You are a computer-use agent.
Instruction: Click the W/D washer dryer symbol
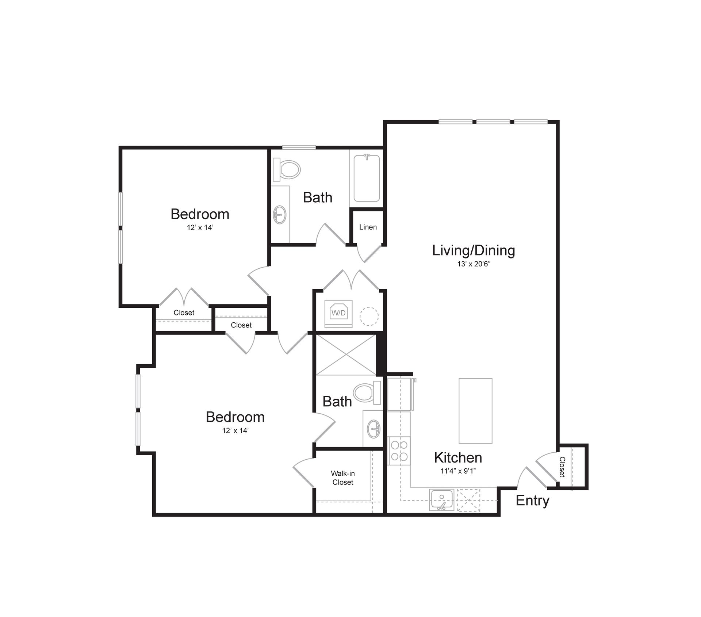[338, 313]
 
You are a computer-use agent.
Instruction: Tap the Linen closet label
[368, 227]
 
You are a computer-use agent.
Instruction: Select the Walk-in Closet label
[342, 478]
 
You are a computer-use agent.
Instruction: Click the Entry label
[532, 500]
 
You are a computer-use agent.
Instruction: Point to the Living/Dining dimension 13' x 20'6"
[474, 264]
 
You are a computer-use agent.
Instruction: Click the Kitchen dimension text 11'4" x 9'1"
[458, 471]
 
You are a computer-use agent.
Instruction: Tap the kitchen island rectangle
[475, 411]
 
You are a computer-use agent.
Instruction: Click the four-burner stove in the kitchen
[399, 451]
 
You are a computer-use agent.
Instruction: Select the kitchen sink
[442, 500]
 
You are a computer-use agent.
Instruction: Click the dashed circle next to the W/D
[369, 316]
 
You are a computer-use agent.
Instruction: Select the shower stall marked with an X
[345, 355]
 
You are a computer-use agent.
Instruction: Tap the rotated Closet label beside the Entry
[562, 467]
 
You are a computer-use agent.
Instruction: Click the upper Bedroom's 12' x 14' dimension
[200, 227]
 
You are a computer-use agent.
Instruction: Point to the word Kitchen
[458, 457]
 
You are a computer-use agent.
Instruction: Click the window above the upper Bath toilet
[299, 147]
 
